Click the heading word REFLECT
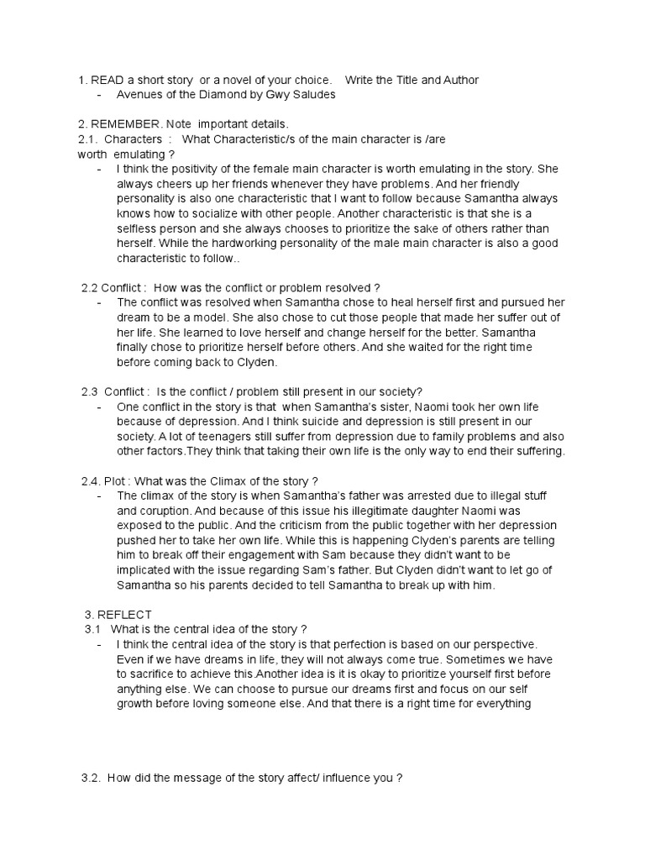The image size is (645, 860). pos(124,616)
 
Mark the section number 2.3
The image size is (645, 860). pos(90,391)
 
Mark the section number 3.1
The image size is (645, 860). pos(92,629)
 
